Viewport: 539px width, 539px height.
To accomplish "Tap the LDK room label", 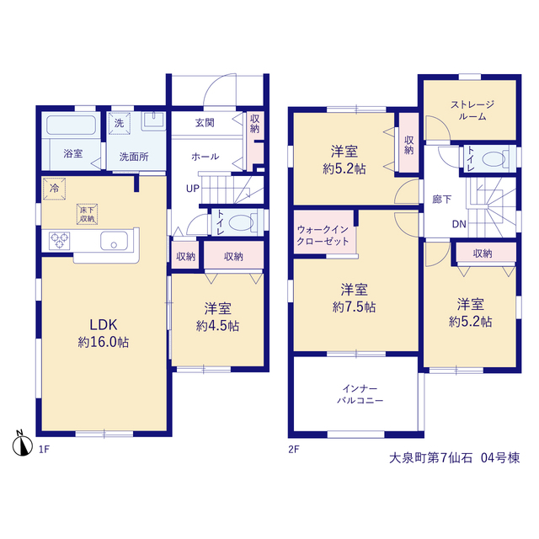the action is coord(103,324).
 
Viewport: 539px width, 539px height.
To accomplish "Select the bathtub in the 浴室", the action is coord(71,125).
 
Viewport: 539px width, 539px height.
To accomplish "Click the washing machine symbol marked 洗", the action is coord(120,123).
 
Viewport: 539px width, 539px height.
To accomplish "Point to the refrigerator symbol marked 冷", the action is coord(54,189).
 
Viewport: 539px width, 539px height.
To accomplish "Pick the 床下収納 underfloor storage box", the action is coord(87,214).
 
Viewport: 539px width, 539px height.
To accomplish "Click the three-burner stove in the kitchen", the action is coord(60,240).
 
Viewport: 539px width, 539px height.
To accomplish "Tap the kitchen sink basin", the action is coord(115,240).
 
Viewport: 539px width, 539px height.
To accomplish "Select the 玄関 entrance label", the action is coord(205,123).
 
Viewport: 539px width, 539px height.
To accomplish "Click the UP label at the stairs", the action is coord(193,189).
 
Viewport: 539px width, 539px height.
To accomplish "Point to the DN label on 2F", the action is coord(459,225).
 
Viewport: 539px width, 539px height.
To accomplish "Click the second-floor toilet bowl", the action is coord(494,159).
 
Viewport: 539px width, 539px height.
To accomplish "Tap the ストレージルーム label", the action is coord(472,110).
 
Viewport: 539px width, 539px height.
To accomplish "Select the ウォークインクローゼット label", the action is coord(323,236).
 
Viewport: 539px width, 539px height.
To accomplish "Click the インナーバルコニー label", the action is coord(360,395).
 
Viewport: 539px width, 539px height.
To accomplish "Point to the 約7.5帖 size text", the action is coord(354,307).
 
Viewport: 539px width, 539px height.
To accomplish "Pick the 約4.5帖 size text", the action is coord(217,326).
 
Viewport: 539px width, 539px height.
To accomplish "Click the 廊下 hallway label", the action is coord(441,199).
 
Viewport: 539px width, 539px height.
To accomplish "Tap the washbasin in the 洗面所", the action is coord(153,120).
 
